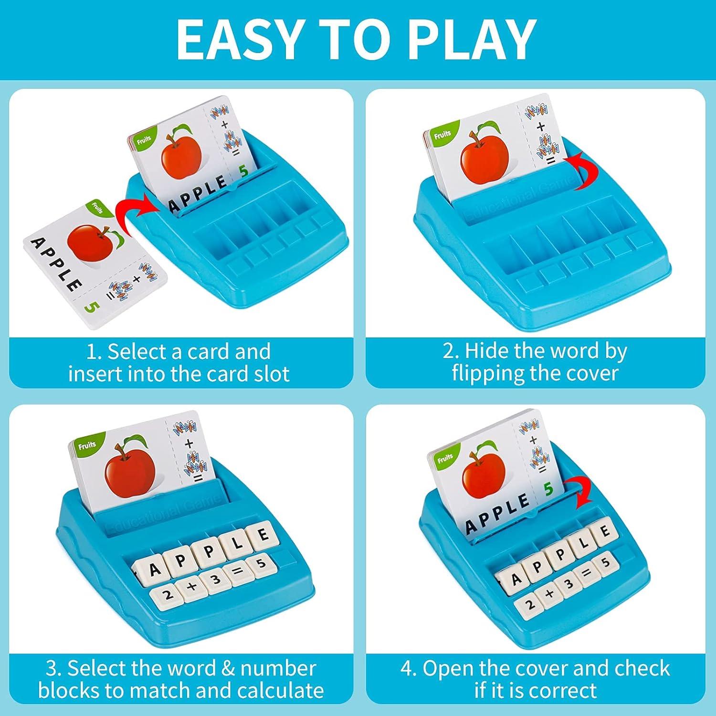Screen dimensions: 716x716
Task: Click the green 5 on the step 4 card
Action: point(548,489)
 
